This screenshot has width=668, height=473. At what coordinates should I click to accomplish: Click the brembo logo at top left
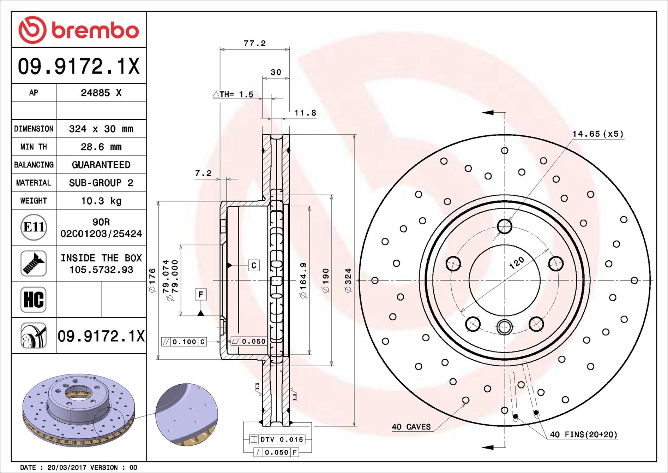(x=78, y=30)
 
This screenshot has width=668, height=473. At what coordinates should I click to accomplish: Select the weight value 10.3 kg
(x=101, y=201)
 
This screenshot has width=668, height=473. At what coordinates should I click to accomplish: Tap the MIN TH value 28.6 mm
(x=101, y=147)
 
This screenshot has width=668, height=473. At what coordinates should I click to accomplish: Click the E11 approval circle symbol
(x=34, y=227)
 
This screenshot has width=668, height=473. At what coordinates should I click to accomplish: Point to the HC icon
(x=34, y=300)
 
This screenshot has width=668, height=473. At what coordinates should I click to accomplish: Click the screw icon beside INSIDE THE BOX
(x=34, y=264)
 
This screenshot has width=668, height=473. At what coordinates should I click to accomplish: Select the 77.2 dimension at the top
(x=254, y=43)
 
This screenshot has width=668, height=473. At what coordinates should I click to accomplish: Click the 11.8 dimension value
(x=305, y=113)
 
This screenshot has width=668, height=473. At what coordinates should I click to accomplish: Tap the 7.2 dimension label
(x=203, y=173)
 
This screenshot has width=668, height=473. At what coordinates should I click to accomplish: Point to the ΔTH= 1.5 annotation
(x=233, y=94)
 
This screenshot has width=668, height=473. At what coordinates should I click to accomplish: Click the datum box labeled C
(x=254, y=265)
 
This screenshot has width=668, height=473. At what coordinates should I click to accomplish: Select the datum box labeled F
(x=201, y=294)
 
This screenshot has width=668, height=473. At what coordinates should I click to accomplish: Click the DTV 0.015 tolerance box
(x=277, y=439)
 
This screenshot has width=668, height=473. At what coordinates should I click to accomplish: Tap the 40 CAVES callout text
(x=411, y=427)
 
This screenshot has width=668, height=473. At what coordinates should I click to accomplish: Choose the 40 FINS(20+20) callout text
(x=584, y=434)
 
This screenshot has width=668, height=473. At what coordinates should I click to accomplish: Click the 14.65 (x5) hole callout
(x=598, y=134)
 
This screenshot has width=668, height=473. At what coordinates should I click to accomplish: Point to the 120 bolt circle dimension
(x=517, y=263)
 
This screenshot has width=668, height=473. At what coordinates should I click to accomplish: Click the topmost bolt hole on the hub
(x=505, y=226)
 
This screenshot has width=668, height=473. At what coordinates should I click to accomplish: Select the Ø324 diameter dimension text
(x=348, y=280)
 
